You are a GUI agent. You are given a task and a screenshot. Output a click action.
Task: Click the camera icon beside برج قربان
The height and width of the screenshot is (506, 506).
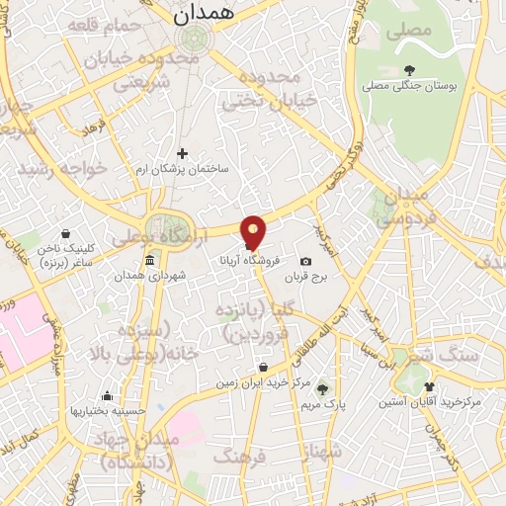tap(305, 261)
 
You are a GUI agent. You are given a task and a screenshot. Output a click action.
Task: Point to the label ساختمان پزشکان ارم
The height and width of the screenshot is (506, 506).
tap(182, 168)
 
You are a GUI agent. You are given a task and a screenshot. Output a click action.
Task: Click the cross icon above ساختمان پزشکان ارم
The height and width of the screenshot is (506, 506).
tap(182, 153)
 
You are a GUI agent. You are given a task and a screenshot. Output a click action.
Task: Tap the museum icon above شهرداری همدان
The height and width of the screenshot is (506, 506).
tap(148, 260)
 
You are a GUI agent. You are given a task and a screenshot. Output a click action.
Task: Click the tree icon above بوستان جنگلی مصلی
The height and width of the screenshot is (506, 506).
tap(409, 70)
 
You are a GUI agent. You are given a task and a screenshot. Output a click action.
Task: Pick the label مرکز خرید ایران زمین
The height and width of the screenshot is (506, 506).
tap(265, 380)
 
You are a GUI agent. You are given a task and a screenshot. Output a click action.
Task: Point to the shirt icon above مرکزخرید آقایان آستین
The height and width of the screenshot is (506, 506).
tap(428, 387)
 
